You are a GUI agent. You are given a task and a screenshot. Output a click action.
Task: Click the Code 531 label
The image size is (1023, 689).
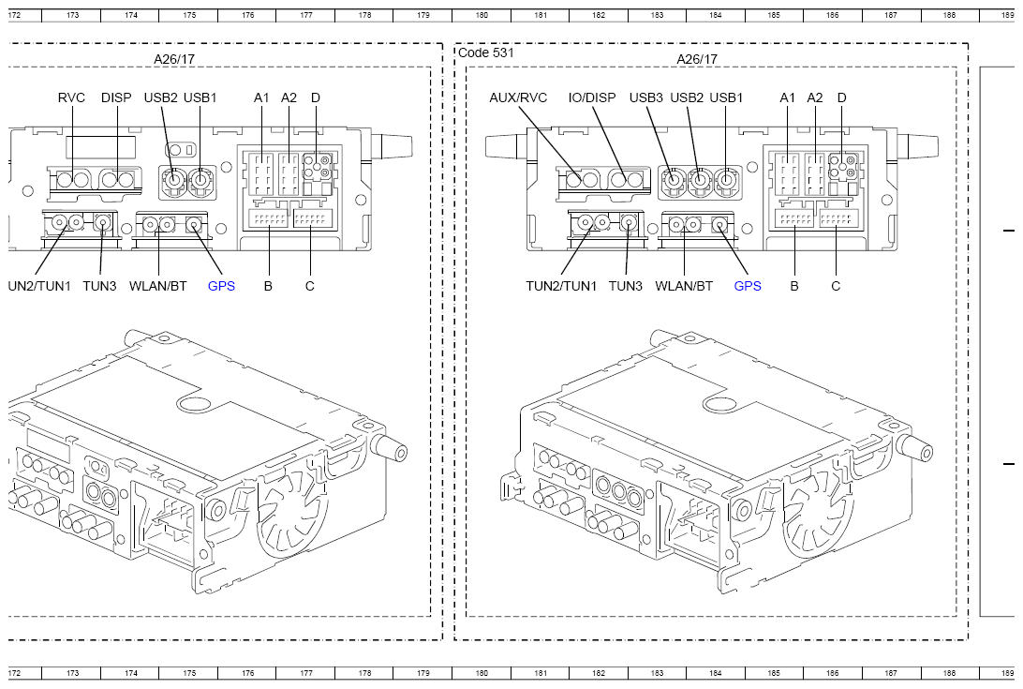[486, 52]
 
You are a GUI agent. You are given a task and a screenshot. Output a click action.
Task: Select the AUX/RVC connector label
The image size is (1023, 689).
[518, 98]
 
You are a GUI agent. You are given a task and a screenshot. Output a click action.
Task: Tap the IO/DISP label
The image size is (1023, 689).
[592, 98]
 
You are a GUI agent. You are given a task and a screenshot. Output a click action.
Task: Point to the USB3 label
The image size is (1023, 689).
[645, 98]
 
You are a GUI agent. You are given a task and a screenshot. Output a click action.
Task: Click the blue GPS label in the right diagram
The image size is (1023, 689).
[748, 286]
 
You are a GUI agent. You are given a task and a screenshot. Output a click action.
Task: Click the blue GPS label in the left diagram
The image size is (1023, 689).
[221, 286]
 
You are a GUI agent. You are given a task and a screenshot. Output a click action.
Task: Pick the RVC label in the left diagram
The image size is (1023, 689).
[71, 98]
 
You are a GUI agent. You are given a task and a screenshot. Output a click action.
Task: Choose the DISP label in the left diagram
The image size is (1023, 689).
[116, 98]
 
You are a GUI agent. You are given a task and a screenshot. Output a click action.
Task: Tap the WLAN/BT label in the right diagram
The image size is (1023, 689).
[684, 286]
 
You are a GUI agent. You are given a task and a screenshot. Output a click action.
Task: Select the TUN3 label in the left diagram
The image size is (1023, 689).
[99, 286]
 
